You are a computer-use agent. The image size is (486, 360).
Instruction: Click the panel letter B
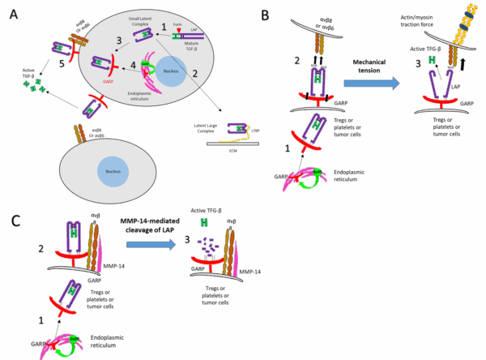[x=265, y=15]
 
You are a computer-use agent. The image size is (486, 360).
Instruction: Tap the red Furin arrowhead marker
[x=180, y=32]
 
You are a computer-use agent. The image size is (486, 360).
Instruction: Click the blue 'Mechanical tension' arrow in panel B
[x=371, y=82]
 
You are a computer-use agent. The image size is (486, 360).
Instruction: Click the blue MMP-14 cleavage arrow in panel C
[x=148, y=242]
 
